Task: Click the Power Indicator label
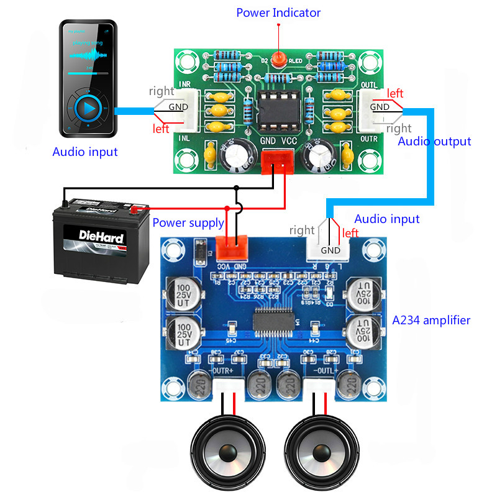click(278, 12)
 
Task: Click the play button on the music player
click(88, 109)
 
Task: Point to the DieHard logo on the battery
click(102, 236)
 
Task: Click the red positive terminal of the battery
click(136, 209)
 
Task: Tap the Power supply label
click(188, 222)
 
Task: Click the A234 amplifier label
click(431, 321)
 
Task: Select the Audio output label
click(434, 142)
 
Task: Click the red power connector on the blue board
click(230, 247)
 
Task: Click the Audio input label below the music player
click(85, 152)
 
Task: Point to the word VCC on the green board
click(290, 141)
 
